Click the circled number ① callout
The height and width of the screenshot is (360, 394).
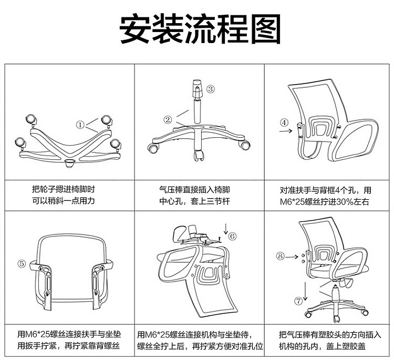(80, 125)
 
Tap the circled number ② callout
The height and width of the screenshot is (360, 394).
(168, 120)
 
